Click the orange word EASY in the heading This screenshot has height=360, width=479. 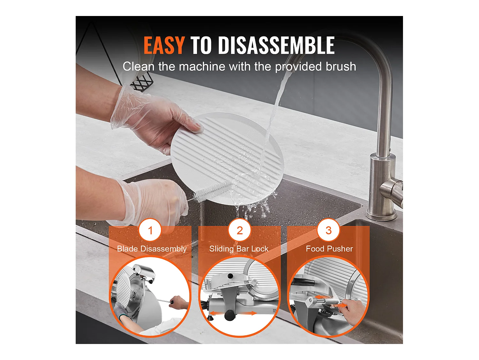(164, 45)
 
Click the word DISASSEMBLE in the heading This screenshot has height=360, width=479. (276, 45)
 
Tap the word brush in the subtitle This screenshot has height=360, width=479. (341, 66)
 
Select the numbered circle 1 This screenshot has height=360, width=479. (150, 230)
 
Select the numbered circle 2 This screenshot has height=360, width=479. (240, 230)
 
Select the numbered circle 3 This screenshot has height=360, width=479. (328, 230)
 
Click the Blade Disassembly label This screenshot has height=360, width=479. (152, 249)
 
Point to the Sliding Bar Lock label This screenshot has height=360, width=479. (239, 249)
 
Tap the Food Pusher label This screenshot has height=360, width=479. (329, 249)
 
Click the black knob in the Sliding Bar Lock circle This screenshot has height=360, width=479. (230, 315)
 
